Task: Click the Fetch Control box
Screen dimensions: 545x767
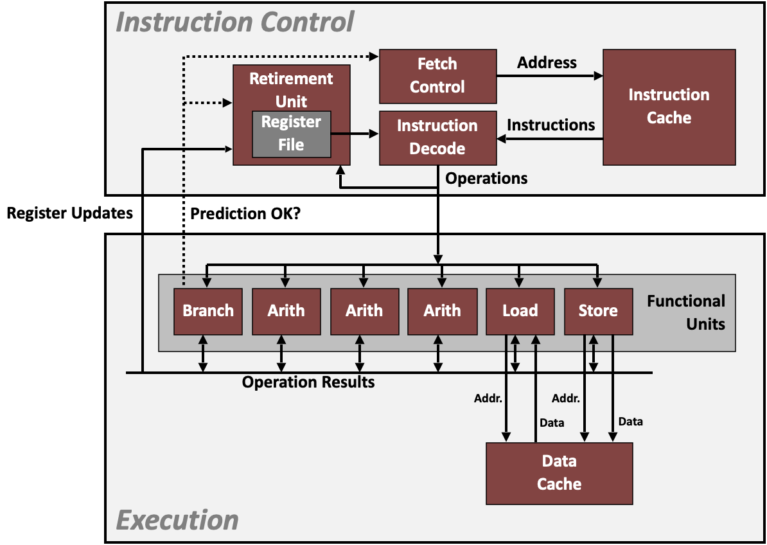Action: [437, 76]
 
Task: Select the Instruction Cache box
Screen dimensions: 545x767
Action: [669, 107]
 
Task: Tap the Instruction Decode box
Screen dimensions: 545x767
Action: [437, 138]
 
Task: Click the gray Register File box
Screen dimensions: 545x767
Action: [291, 134]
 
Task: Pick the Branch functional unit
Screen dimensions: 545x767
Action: [208, 311]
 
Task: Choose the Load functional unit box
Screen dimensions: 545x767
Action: [520, 311]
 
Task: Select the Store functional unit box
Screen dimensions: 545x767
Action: [598, 311]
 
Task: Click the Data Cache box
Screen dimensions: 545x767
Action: [559, 472]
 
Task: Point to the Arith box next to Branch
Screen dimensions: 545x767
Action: [286, 311]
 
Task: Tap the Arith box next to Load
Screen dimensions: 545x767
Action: [442, 311]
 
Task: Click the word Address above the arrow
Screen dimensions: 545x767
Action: [547, 63]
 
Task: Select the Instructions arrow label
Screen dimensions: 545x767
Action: [551, 125]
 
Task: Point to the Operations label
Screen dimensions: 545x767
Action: [486, 179]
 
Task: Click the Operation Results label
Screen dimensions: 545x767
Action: [308, 382]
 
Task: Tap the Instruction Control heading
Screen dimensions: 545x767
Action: [234, 22]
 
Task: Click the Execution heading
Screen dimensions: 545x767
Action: [177, 519]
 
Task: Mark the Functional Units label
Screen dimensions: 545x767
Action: [686, 312]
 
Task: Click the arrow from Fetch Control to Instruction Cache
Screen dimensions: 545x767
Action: [549, 76]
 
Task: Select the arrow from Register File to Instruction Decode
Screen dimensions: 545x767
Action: [355, 134]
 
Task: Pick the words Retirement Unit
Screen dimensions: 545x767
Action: [291, 89]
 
